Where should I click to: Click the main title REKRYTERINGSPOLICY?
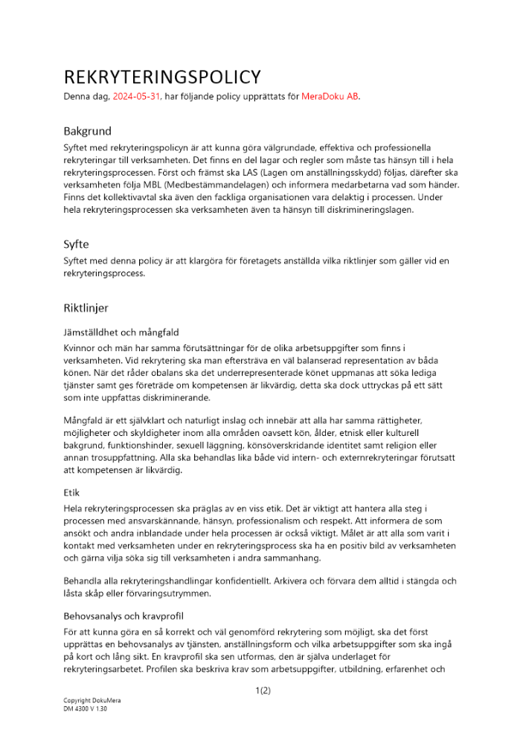point(162,77)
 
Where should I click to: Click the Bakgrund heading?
point(87,131)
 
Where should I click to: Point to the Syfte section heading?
point(76,243)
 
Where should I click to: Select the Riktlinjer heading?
point(86,307)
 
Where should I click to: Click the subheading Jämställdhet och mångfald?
point(121,332)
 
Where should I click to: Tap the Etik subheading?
point(72,492)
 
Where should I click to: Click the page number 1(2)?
point(263,690)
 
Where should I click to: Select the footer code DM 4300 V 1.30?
point(86,709)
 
